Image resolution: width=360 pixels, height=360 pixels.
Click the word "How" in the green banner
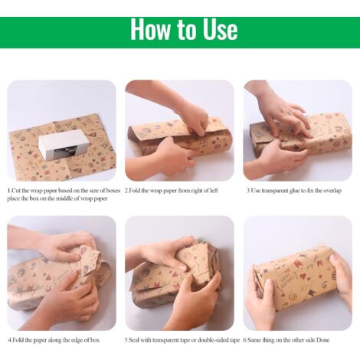tap(150, 29)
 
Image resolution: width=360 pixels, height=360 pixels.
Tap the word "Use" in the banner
tap(220, 29)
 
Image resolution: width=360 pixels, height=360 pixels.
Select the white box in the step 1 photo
tap(64, 145)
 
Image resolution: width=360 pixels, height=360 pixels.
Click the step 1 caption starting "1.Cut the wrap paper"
tap(64, 195)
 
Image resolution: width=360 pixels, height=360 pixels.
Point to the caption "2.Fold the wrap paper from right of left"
tap(172, 191)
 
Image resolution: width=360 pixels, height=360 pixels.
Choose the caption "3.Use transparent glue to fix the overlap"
tap(294, 191)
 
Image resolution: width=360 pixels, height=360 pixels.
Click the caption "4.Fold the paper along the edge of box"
tap(54, 340)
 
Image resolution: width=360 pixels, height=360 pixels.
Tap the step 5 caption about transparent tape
tap(182, 340)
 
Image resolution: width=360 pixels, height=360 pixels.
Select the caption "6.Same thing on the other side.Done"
tap(286, 340)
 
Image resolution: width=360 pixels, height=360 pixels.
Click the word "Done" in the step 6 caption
tap(323, 340)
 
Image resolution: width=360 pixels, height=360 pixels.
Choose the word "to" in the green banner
tap(186, 30)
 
